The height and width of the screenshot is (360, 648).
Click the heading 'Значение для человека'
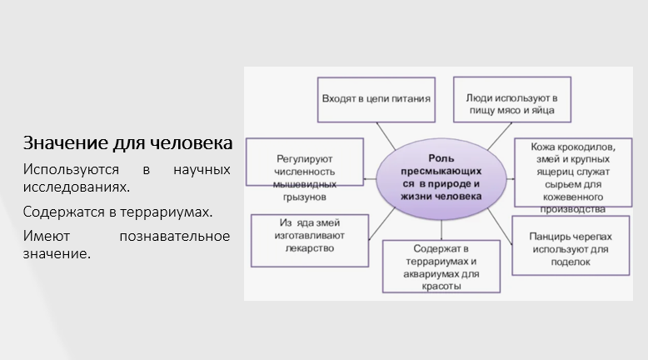127,143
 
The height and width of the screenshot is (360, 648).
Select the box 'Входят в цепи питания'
376,98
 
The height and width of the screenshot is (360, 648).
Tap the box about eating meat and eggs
505,101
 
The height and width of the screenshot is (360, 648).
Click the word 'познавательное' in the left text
175,236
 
